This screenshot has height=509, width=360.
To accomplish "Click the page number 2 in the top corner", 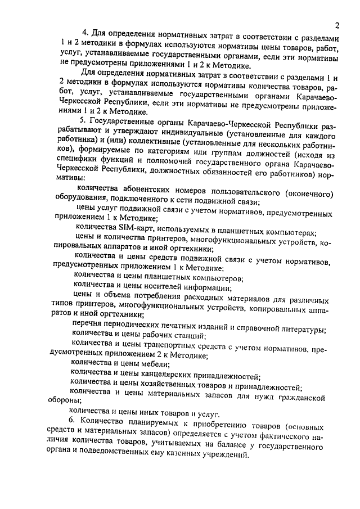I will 336,25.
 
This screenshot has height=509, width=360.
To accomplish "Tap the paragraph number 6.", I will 71,421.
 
